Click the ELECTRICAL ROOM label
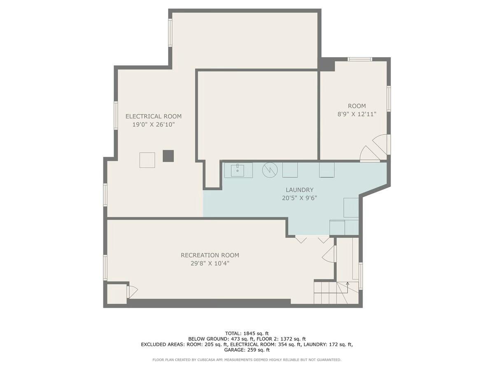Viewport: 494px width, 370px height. [153, 116]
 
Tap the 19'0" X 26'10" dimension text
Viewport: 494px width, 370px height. [153, 125]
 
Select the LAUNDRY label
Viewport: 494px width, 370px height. [299, 190]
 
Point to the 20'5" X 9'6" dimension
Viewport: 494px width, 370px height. [299, 198]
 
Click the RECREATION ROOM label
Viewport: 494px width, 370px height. [210, 255]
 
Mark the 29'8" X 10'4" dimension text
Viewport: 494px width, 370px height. [210, 263]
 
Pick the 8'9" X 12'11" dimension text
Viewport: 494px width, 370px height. [357, 114]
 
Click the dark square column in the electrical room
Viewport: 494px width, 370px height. [168, 156]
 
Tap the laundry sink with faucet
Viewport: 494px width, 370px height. [238, 170]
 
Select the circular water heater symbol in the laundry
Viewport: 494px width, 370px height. [270, 170]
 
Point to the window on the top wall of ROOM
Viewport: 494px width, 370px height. [360, 59]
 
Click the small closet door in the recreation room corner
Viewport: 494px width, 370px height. [132, 292]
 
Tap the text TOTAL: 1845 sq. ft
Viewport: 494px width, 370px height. [247, 333]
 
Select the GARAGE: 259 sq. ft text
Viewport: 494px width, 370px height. [247, 350]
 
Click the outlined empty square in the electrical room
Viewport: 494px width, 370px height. [147, 160]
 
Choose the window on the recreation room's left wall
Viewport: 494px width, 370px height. [105, 268]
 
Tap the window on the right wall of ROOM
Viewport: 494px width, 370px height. [389, 99]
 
